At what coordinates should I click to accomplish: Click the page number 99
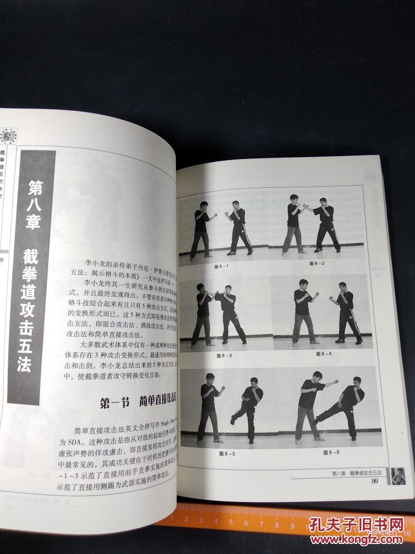point(375,481)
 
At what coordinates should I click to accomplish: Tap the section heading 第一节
point(115,403)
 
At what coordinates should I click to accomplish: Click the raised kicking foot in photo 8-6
point(316,422)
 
